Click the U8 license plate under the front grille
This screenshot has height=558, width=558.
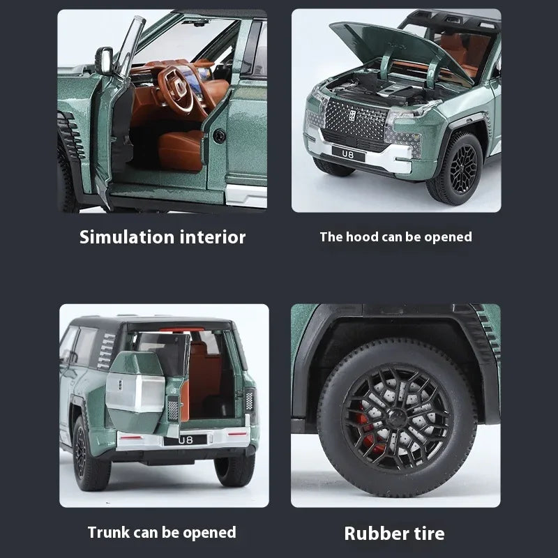349,154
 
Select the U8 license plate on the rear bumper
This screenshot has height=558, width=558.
185,440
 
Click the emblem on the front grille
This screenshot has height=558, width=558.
352,115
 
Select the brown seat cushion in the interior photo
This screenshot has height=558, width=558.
181,149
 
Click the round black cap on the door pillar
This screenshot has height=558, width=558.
219,136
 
